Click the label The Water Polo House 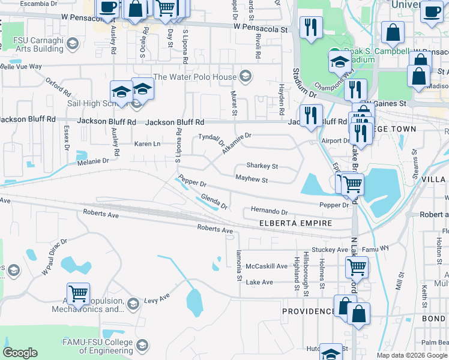click(x=195, y=77)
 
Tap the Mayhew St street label click(x=251, y=179)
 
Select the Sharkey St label click(x=262, y=166)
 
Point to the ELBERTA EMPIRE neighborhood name click(x=295, y=223)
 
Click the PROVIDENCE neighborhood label click(x=309, y=311)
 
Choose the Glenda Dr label click(x=214, y=202)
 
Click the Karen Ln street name click(x=147, y=144)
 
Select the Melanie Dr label click(x=92, y=161)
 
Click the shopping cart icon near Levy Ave click(x=78, y=293)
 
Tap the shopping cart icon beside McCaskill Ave click(x=357, y=265)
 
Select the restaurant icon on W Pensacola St click(x=311, y=27)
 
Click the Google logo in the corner click(x=20, y=353)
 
